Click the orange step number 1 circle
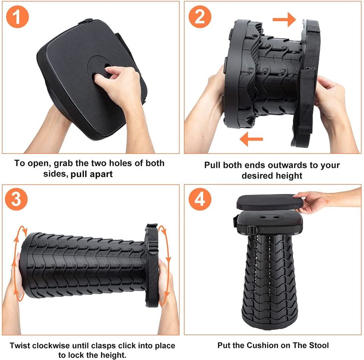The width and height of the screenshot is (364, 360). [17, 17]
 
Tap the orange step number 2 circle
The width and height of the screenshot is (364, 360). [200, 17]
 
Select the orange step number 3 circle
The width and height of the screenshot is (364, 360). [16, 199]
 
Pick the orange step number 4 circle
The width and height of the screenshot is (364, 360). [200, 199]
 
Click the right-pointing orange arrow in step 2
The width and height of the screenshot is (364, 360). [284, 19]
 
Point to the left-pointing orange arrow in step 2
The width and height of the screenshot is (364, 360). [251, 139]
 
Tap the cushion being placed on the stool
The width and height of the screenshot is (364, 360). [270, 202]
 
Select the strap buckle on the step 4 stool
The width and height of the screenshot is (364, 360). [253, 230]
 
